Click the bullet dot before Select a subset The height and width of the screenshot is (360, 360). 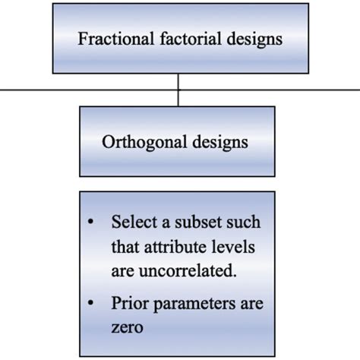tap(91, 224)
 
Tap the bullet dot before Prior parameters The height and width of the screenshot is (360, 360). tap(91, 304)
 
